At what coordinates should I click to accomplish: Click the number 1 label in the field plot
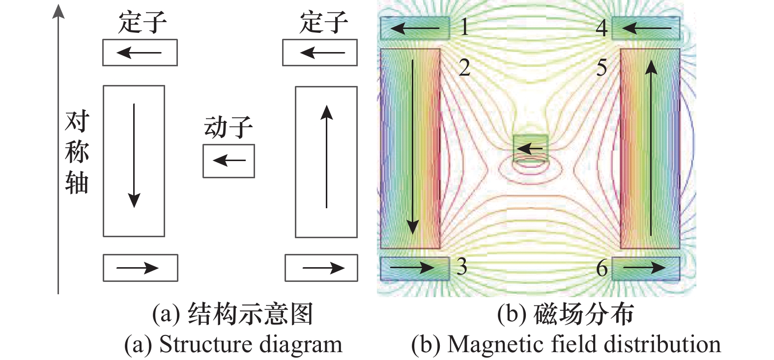pos(464,27)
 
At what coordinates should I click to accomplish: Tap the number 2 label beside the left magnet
pos(464,68)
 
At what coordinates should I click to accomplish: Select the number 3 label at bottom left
pos(461,267)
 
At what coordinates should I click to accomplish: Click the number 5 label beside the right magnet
pos(602,68)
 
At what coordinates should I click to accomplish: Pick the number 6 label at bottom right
pos(602,268)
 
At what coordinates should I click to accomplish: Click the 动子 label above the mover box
pos(229,128)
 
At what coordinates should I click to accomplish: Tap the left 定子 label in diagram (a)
pos(143,23)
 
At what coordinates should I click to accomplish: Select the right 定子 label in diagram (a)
pos(324,23)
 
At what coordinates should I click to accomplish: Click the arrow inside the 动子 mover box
pos(229,161)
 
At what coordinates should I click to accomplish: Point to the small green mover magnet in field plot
pos(530,148)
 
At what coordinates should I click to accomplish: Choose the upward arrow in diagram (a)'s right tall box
pos(326,157)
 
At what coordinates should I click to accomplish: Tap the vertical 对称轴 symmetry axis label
pos(77,152)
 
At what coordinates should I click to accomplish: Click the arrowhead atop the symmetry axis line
pos(58,11)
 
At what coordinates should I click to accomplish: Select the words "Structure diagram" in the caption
pos(251,344)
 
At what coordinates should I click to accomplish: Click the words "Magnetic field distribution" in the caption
pos(584,344)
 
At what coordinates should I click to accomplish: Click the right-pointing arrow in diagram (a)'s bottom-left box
pos(137,268)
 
